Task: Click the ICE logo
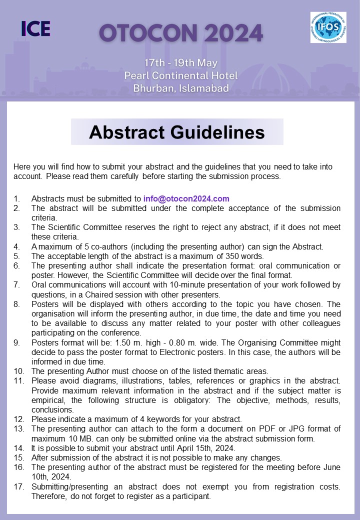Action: tap(36, 28)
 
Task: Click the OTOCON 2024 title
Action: tap(180, 33)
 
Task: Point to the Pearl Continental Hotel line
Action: tap(180, 76)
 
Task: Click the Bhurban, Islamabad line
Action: tap(180, 88)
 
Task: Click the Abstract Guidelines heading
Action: tap(177, 132)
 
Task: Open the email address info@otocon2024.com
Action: tap(186, 198)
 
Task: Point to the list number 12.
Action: tap(18, 419)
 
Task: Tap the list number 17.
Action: tap(18, 486)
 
